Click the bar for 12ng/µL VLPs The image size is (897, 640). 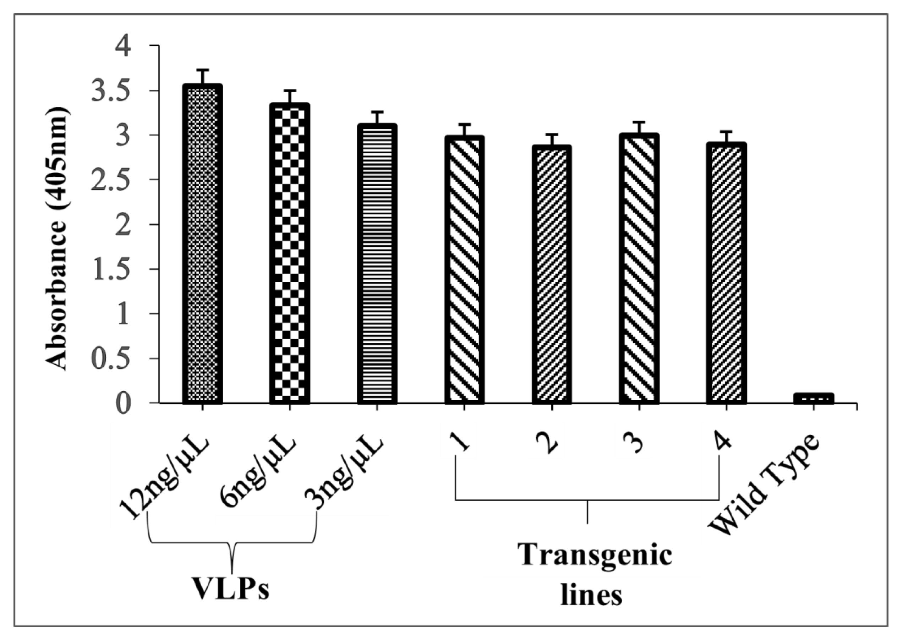[x=203, y=244]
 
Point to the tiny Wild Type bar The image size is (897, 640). [x=814, y=398]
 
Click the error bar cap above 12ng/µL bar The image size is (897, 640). [x=203, y=70]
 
